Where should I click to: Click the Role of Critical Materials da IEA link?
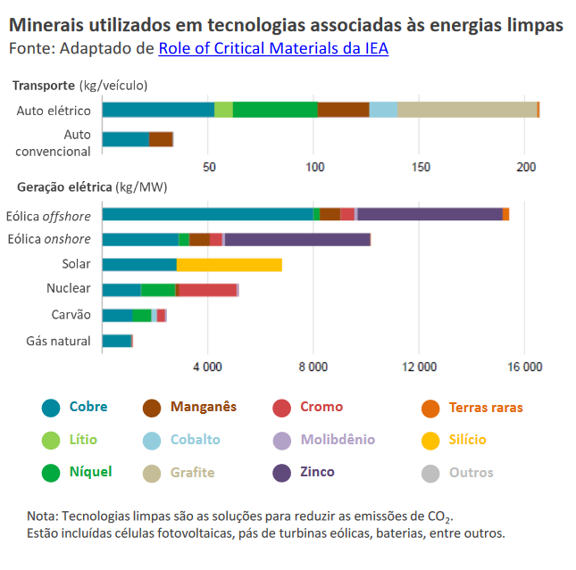click(x=273, y=48)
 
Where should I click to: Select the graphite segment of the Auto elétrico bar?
click(x=467, y=110)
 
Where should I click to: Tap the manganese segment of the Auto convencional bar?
click(x=161, y=139)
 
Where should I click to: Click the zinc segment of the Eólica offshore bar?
click(x=430, y=214)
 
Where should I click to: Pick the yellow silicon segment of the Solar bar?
click(x=229, y=264)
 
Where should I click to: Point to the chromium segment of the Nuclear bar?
click(x=207, y=290)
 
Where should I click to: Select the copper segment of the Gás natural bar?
click(x=117, y=341)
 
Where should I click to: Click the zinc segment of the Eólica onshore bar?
click(x=297, y=239)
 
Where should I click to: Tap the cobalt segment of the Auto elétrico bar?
click(x=383, y=110)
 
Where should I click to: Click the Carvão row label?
click(x=71, y=315)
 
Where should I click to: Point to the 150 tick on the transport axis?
click(x=422, y=167)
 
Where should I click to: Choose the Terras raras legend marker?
click(x=430, y=408)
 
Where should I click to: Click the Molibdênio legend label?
click(x=338, y=440)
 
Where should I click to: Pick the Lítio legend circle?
click(x=51, y=440)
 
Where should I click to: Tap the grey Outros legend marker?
click(x=430, y=473)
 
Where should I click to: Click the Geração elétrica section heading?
click(x=61, y=187)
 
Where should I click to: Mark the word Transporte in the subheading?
click(x=43, y=86)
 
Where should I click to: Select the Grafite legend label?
click(x=192, y=473)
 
